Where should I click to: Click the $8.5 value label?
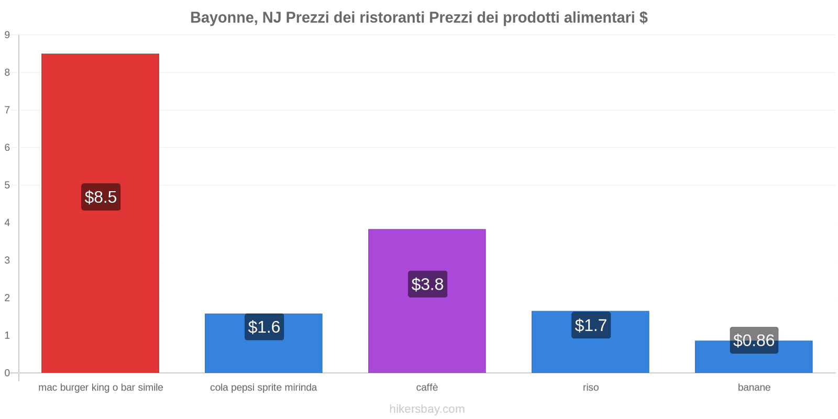(101, 197)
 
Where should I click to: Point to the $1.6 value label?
(264, 327)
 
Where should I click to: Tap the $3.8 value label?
(427, 284)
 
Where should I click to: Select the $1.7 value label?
(591, 325)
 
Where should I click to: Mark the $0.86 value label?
(754, 340)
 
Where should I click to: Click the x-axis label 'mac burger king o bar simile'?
(101, 388)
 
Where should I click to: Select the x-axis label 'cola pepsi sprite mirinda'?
(263, 388)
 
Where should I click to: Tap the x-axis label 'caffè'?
(427, 388)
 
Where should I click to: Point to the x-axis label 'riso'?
(590, 388)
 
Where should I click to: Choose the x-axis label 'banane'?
(754, 388)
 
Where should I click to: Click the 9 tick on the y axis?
(7, 35)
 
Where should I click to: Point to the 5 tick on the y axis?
(7, 185)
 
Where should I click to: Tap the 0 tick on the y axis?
(7, 373)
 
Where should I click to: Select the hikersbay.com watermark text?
(427, 409)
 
